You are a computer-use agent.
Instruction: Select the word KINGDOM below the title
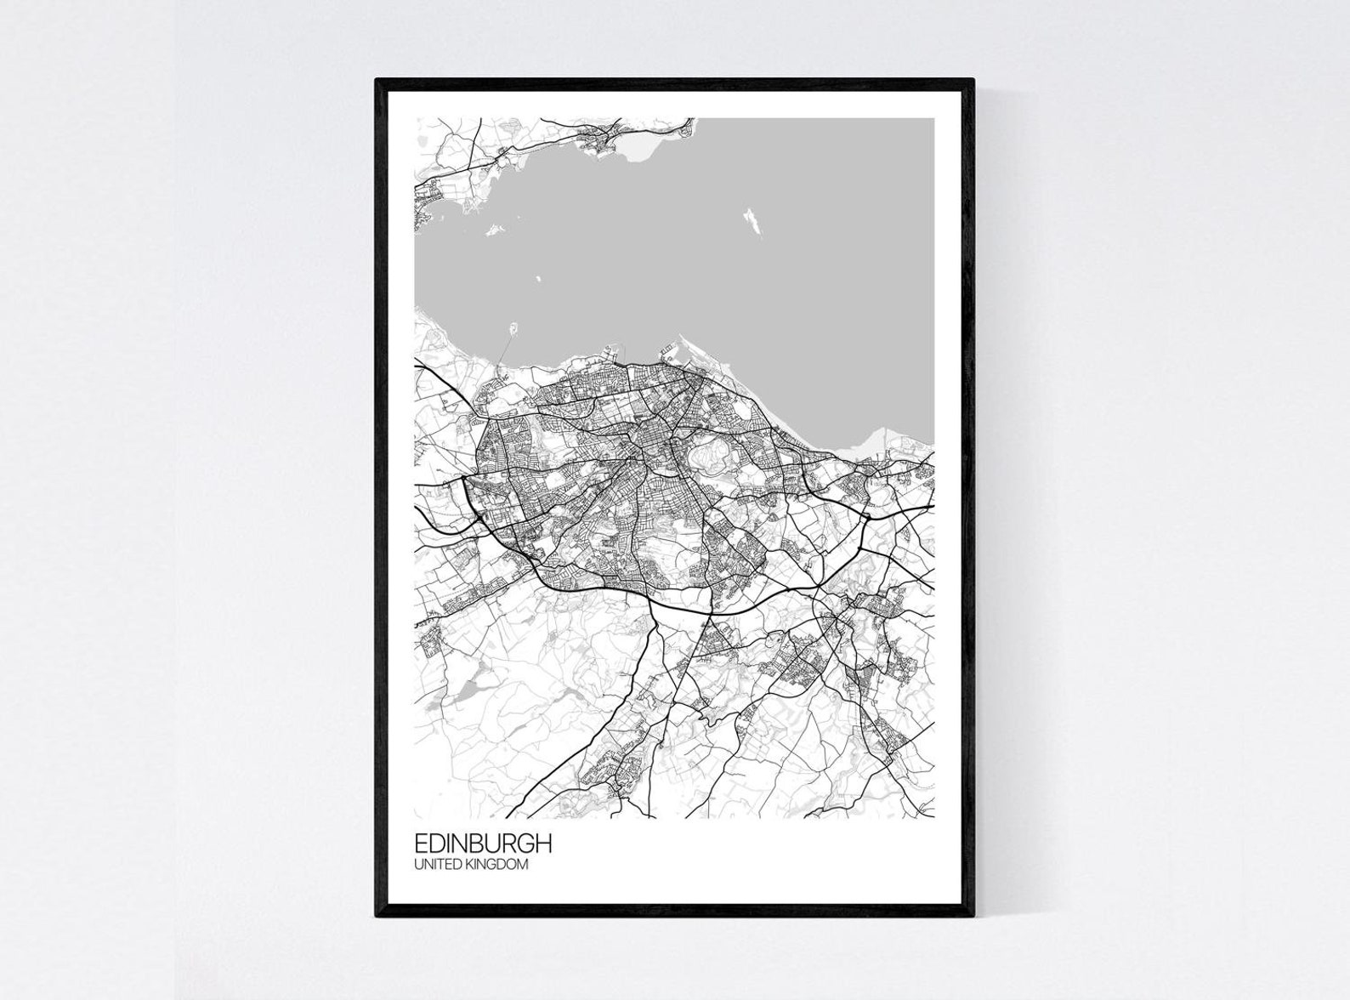(x=502, y=865)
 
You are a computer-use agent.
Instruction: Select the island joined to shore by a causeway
(x=513, y=328)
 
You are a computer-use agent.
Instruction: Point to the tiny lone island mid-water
(x=537, y=277)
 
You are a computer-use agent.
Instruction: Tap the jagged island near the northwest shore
(x=491, y=229)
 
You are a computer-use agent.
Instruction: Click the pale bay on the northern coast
(x=638, y=151)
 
